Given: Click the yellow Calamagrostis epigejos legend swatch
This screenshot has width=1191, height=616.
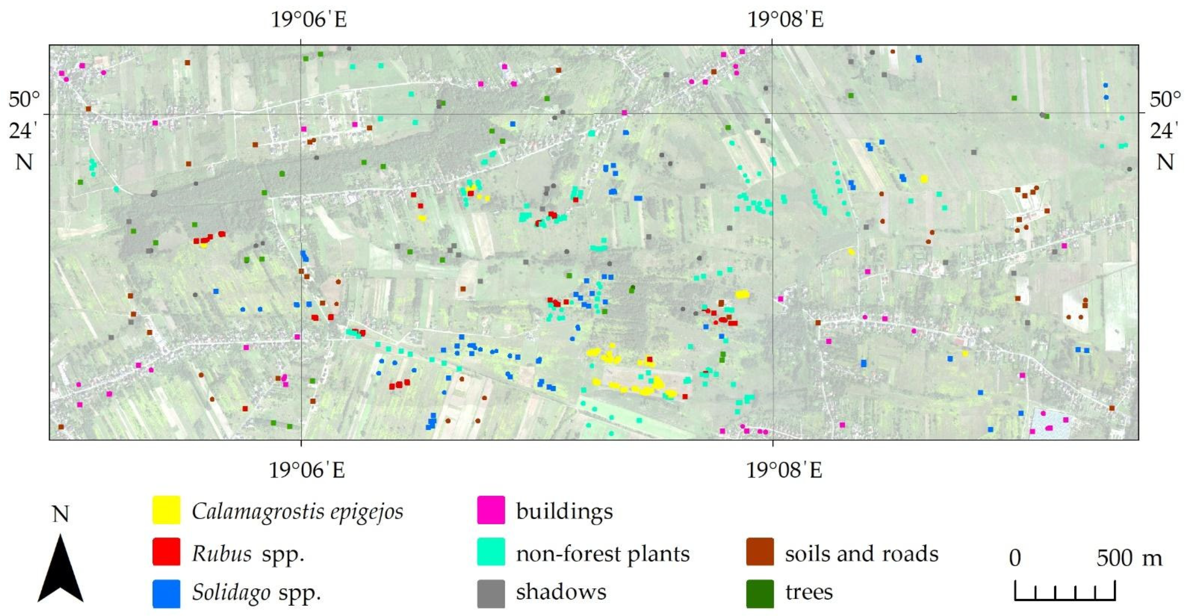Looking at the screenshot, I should pos(167,510).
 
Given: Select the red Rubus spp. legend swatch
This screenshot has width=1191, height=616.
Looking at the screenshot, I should pos(167,552).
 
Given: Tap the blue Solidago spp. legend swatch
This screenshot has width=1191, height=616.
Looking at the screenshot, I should pos(167,593).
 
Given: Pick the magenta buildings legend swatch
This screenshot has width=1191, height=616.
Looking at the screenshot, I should pos(491,510).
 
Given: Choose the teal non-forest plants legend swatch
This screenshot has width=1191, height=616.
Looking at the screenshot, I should pos(491,552).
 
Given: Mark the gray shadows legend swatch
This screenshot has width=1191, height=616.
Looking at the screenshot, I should pos(491,593).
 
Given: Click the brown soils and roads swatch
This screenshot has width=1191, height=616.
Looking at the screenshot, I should pos(760,552).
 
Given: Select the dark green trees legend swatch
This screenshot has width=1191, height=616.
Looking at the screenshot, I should pos(760,593).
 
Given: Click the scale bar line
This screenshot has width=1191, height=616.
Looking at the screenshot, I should pos(1065,599).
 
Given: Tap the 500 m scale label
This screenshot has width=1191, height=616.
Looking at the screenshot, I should pos(1129,558).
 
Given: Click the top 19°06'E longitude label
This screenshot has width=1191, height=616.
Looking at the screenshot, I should pos(308,20).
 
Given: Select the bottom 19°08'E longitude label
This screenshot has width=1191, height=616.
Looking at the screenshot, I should pos(784,471).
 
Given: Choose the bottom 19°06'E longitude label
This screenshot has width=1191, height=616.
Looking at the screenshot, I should pos(307,471).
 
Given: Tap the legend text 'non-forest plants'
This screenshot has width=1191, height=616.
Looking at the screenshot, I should pos(602,554).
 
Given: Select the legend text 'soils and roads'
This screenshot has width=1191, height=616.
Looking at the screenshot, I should pos(861,554).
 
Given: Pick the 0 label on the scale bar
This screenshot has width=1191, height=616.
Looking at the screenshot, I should pos(1015,558).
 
